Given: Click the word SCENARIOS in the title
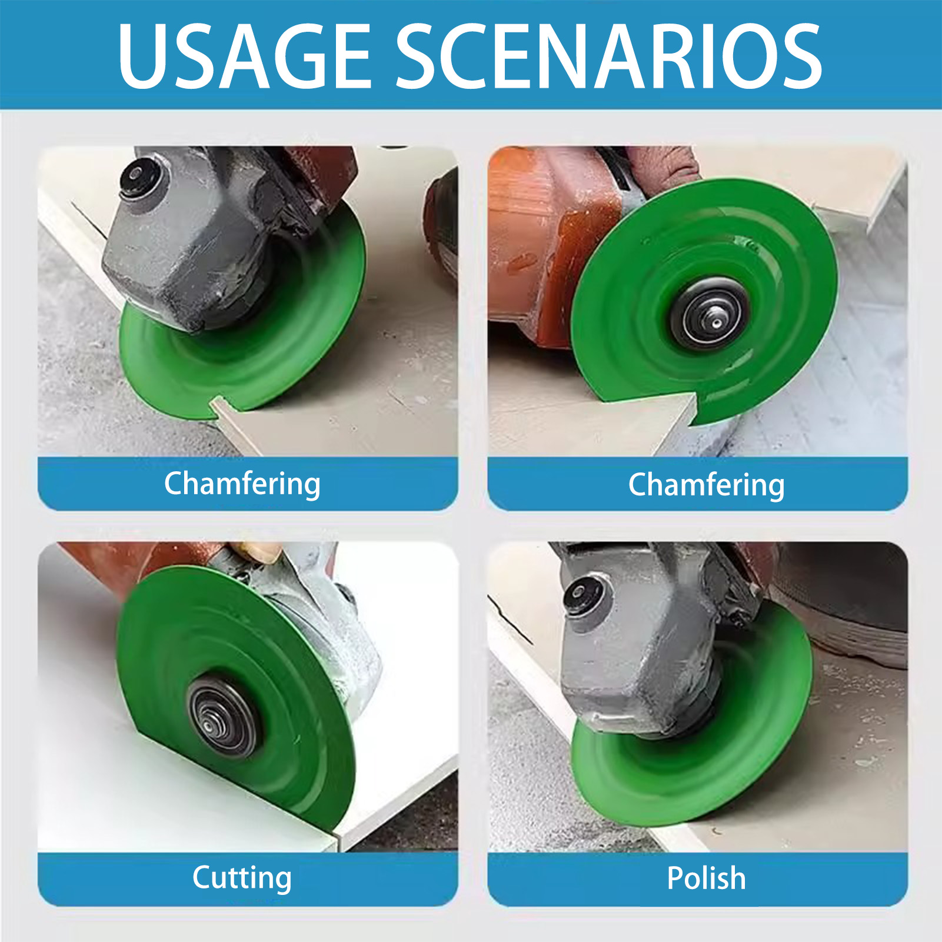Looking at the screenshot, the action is [x=609, y=56].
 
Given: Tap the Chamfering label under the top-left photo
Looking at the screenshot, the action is [x=242, y=484].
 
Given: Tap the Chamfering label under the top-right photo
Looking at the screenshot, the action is [x=706, y=485].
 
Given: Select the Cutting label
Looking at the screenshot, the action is [x=242, y=878].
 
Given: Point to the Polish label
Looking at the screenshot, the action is [x=706, y=878].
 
